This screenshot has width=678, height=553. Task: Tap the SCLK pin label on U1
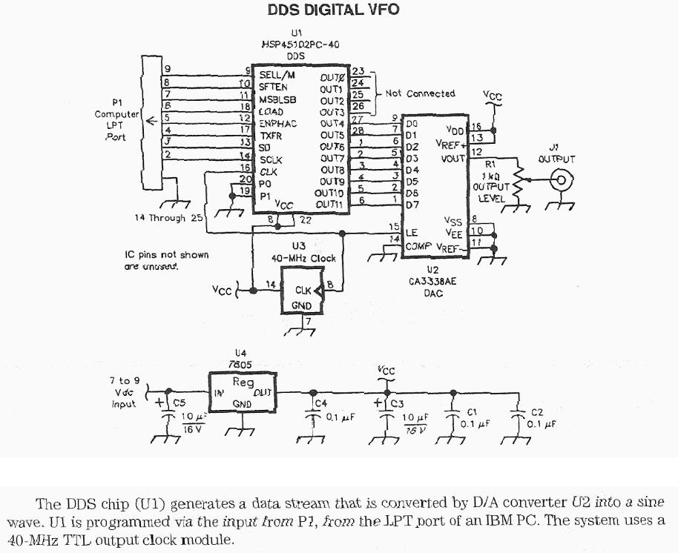271,159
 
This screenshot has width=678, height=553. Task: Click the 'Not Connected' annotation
420,93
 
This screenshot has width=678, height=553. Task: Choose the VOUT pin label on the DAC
452,157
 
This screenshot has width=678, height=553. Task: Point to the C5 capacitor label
178,402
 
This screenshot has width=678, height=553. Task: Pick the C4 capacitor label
320,403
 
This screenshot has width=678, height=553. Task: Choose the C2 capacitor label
537,412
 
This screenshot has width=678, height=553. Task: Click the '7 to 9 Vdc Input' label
124,393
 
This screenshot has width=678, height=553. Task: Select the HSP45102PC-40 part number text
297,44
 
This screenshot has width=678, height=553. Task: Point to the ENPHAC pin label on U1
277,124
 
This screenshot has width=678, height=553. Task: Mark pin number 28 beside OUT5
358,130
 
